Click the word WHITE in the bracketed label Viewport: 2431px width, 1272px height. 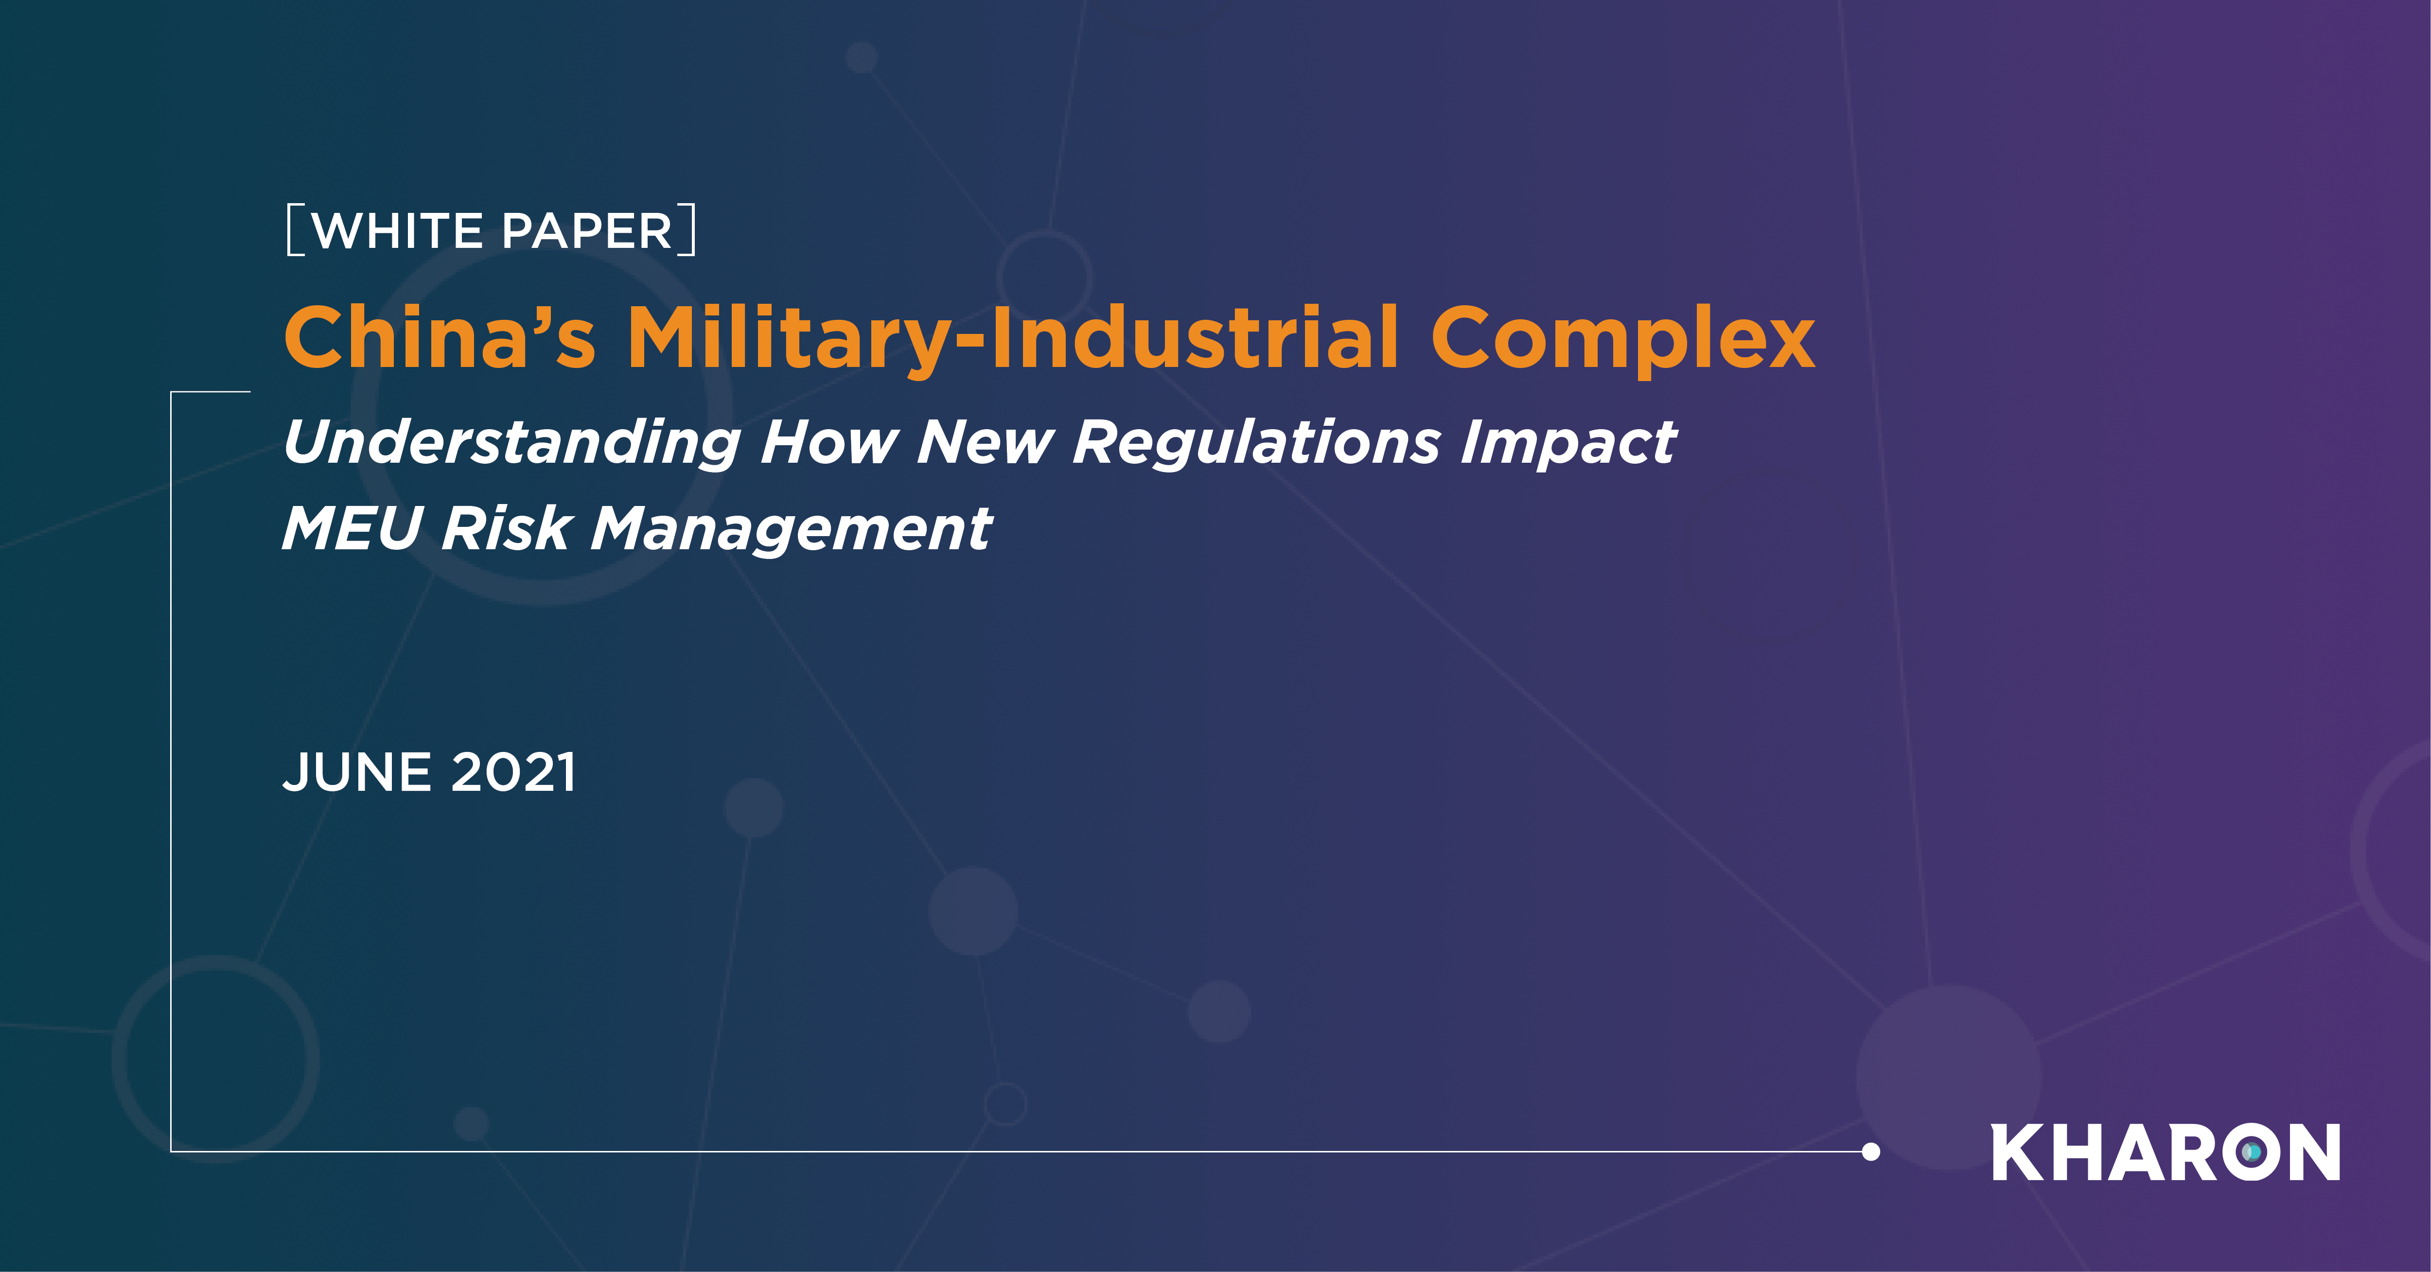pyautogui.click(x=398, y=231)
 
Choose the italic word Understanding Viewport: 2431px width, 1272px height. pyautogui.click(x=512, y=443)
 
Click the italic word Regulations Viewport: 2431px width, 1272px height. pyautogui.click(x=1257, y=443)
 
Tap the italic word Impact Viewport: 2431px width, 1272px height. pyautogui.click(x=1568, y=443)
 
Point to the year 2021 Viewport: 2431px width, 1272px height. pyautogui.click(x=513, y=773)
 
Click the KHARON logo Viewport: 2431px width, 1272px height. pyautogui.click(x=2165, y=1152)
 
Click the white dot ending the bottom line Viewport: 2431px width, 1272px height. pyautogui.click(x=1870, y=1151)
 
